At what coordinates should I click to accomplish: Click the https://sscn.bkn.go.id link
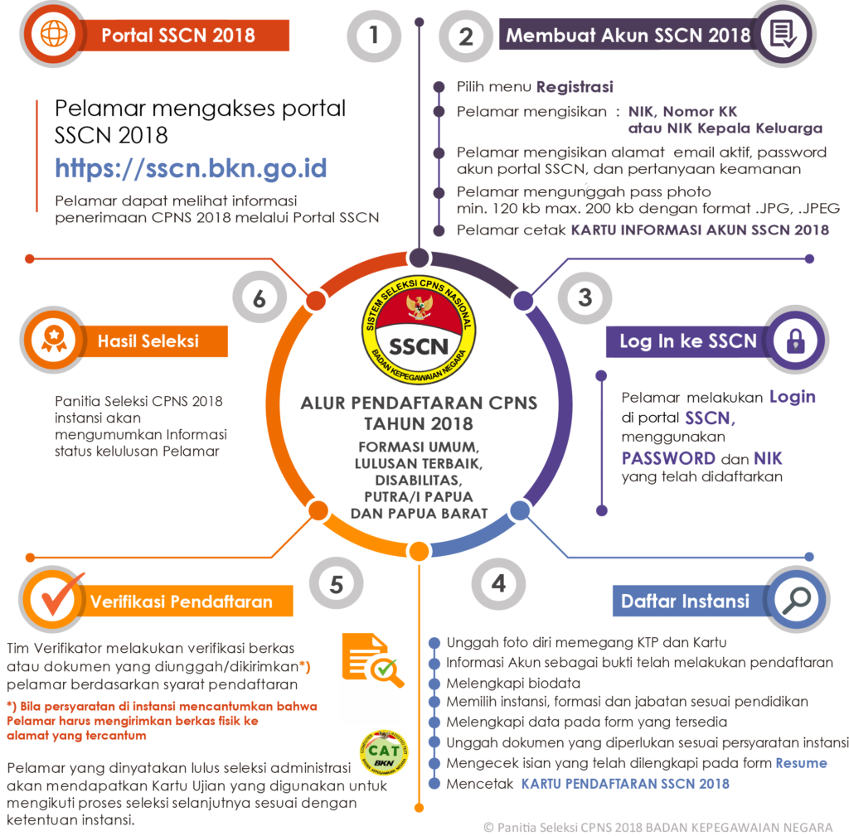click(x=191, y=168)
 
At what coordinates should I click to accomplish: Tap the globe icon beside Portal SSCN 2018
click(x=54, y=35)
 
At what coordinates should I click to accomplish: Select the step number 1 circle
click(x=374, y=36)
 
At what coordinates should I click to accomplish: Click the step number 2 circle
click(x=466, y=36)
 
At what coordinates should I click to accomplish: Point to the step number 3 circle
click(x=585, y=297)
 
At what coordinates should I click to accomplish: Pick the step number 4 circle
click(x=498, y=584)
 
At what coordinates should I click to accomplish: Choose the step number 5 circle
click(x=337, y=584)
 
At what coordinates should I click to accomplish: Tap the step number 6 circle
click(x=260, y=297)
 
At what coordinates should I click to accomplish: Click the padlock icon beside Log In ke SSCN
click(x=795, y=341)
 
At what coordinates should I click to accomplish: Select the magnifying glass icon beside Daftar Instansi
click(x=796, y=600)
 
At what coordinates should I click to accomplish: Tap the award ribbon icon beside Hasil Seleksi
click(x=54, y=339)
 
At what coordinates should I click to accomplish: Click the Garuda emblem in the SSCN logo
click(x=419, y=306)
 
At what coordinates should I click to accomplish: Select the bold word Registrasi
click(x=575, y=86)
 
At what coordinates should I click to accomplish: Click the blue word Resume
click(x=802, y=763)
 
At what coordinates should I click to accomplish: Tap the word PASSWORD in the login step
click(x=668, y=458)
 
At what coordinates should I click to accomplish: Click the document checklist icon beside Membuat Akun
click(x=783, y=34)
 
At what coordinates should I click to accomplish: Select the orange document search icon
click(x=372, y=660)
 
